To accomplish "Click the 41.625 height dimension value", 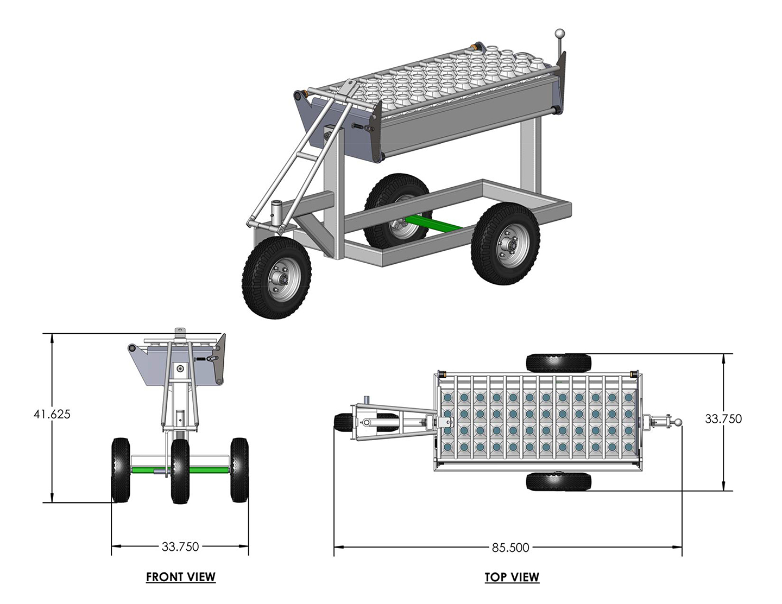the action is pos(52,414).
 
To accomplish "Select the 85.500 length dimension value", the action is pos(510,548).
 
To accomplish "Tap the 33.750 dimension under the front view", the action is pos(180,546).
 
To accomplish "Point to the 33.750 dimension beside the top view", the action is pos(723,419).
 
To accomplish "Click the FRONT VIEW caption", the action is pos(181,577).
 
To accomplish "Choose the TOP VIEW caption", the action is pos(512,577).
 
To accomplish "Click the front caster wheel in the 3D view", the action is pos(276,277).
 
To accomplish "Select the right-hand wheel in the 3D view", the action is pos(505,244).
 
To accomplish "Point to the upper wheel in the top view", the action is pos(558,364).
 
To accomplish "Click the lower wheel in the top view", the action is pos(558,482).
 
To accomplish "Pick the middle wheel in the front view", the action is pos(180,471).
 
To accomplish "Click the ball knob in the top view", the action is pos(678,422).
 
